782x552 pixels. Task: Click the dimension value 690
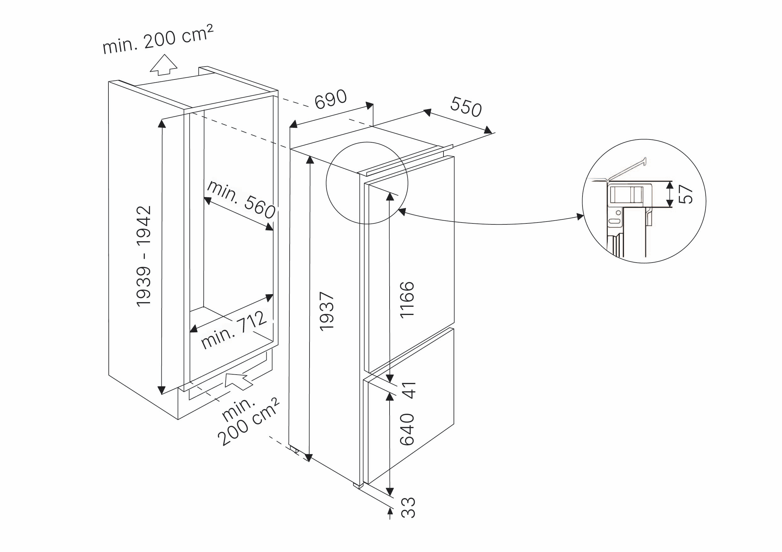(330, 99)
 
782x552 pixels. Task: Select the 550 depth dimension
(466, 107)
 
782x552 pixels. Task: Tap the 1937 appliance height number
(327, 311)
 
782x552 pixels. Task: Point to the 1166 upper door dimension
(407, 300)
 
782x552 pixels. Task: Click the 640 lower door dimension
(407, 429)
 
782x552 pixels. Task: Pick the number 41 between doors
(409, 390)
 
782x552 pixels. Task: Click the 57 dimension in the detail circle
(685, 194)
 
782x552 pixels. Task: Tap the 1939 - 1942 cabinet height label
(143, 256)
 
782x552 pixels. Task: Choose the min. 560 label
(241, 199)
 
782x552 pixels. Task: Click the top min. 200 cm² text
(158, 39)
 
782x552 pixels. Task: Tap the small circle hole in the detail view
(618, 213)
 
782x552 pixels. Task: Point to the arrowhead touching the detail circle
(580, 217)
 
